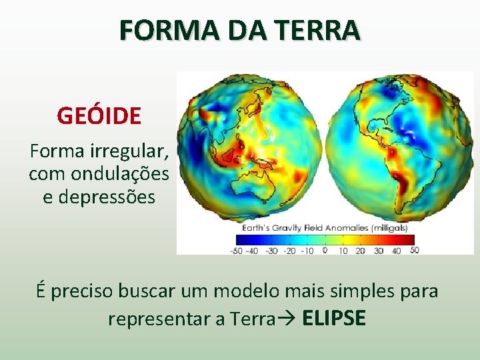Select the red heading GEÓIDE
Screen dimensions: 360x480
click(99, 116)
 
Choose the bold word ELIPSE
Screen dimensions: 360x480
click(334, 318)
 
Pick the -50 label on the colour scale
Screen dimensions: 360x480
click(235, 251)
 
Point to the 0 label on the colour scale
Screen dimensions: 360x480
click(325, 251)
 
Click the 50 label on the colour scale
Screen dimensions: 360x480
click(414, 251)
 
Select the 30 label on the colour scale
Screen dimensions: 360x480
click(378, 251)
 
